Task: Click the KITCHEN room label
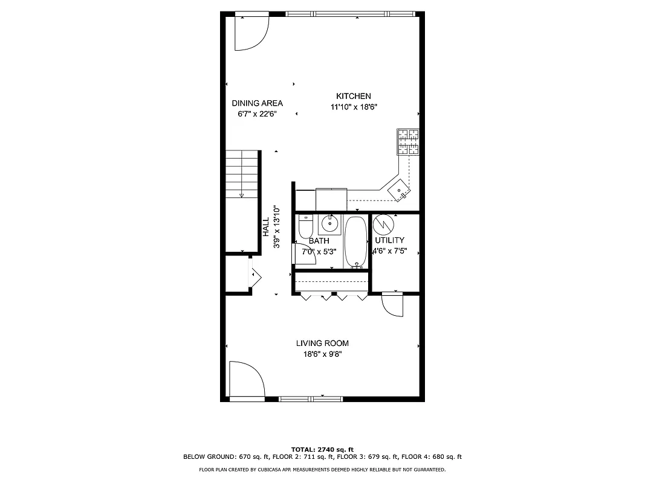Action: pos(354,96)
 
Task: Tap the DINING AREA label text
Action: pos(257,103)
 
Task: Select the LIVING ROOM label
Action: pos(322,343)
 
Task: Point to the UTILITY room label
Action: pos(389,240)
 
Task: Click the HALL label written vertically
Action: pos(266,227)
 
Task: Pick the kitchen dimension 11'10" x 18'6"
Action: pos(354,107)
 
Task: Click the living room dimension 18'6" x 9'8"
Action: pos(322,354)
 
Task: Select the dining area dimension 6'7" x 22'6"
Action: pos(257,114)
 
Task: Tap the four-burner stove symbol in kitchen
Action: pos(408,142)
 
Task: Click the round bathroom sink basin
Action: pos(329,223)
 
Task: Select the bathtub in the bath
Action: pos(356,242)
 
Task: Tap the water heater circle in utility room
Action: pos(382,225)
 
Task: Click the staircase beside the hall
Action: pos(242,175)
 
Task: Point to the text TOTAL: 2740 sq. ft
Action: pos(322,450)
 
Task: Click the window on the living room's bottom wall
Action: pos(310,398)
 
